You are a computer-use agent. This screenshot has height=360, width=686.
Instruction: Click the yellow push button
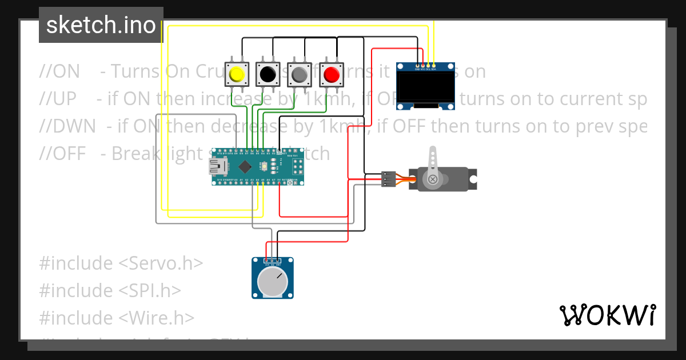(x=236, y=74)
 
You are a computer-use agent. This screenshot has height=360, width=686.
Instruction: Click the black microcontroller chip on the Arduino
(x=245, y=167)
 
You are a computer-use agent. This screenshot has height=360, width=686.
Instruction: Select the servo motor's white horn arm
(x=433, y=163)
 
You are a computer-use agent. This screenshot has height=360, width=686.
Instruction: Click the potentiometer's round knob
(x=273, y=282)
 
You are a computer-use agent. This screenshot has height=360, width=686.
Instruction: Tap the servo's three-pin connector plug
(x=389, y=179)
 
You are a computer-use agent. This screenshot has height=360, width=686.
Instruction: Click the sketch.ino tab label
(x=101, y=25)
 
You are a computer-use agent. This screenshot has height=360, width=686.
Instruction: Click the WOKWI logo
(x=607, y=315)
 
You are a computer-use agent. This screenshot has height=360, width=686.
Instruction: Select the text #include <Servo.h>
(x=121, y=263)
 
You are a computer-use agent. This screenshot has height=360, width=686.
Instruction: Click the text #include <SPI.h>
(x=110, y=290)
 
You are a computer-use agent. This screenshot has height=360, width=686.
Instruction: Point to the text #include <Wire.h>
(x=117, y=317)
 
